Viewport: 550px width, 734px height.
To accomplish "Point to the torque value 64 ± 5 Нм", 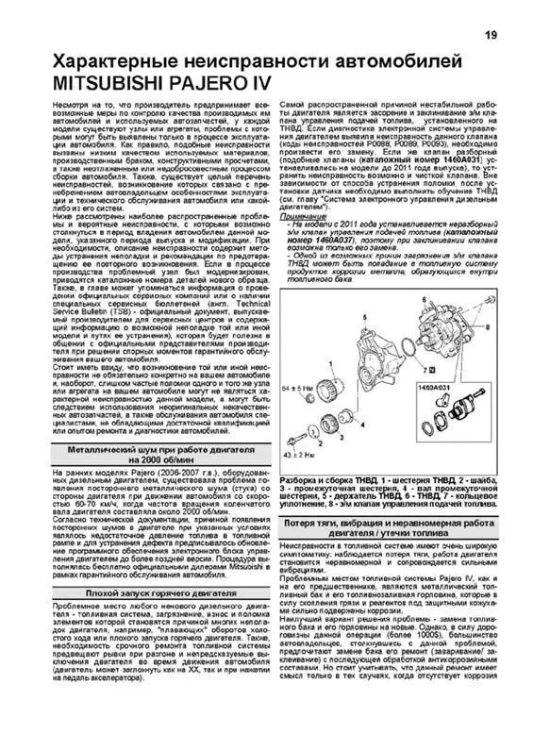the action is pos(298,388).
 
